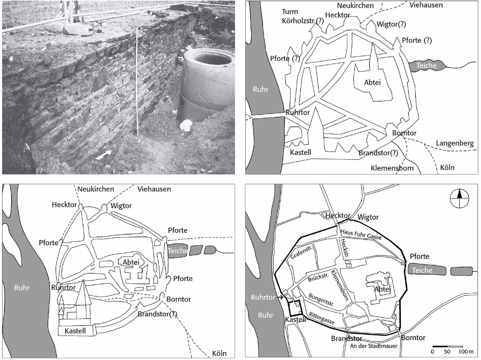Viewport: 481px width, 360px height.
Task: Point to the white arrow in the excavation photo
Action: tap(106, 155)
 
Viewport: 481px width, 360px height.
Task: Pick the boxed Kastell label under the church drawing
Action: tap(75, 331)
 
